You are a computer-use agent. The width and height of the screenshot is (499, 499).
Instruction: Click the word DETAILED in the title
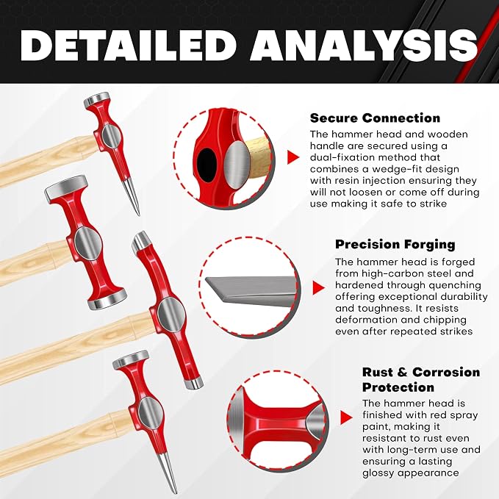128,45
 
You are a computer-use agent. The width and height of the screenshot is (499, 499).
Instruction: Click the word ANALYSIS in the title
364,45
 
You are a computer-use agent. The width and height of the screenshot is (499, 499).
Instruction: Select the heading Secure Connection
375,118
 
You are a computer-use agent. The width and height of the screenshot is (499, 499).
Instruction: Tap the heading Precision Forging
395,245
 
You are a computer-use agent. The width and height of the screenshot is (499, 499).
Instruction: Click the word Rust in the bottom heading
377,372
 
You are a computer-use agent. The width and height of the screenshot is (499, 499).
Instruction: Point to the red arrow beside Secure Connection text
293,157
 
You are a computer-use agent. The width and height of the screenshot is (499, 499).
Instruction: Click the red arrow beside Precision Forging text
318,287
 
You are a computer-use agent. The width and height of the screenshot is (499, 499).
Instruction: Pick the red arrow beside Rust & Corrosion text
346,417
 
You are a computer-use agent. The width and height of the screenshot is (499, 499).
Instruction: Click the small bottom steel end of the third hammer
193,383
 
